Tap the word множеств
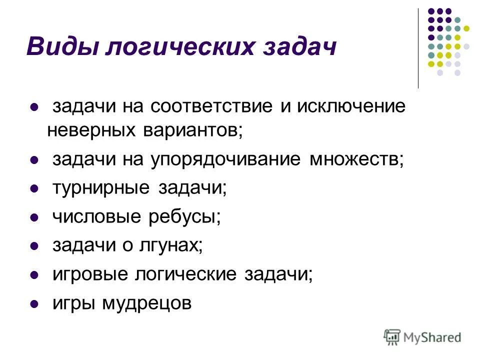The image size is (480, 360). click(x=355, y=159)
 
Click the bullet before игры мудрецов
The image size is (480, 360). click(x=35, y=304)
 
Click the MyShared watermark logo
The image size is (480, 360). click(x=422, y=337)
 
